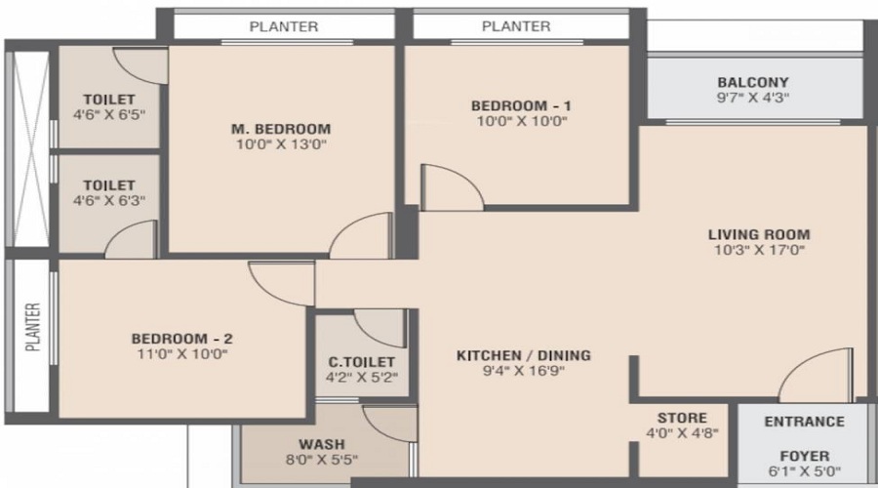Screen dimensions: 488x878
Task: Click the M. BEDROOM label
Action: [280, 128]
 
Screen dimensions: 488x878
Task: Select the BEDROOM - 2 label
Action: [181, 339]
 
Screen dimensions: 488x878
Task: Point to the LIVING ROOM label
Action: [759, 234]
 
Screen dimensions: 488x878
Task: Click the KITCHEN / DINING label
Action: [524, 355]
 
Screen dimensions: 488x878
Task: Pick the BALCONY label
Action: [752, 82]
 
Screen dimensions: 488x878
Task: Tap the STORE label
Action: [682, 418]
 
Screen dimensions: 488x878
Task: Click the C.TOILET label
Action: [362, 360]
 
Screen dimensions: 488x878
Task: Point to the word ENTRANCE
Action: [805, 422]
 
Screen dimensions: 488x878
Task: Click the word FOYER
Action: [805, 456]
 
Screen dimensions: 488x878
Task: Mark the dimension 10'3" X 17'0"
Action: [759, 250]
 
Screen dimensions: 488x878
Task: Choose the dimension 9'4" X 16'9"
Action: [524, 371]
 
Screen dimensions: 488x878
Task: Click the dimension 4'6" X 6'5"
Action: [108, 115]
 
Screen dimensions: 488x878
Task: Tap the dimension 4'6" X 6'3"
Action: [108, 200]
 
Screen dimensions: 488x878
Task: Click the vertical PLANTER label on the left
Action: [32, 326]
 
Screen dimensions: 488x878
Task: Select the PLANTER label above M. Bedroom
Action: [284, 26]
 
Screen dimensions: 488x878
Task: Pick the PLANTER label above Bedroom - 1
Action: [516, 26]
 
